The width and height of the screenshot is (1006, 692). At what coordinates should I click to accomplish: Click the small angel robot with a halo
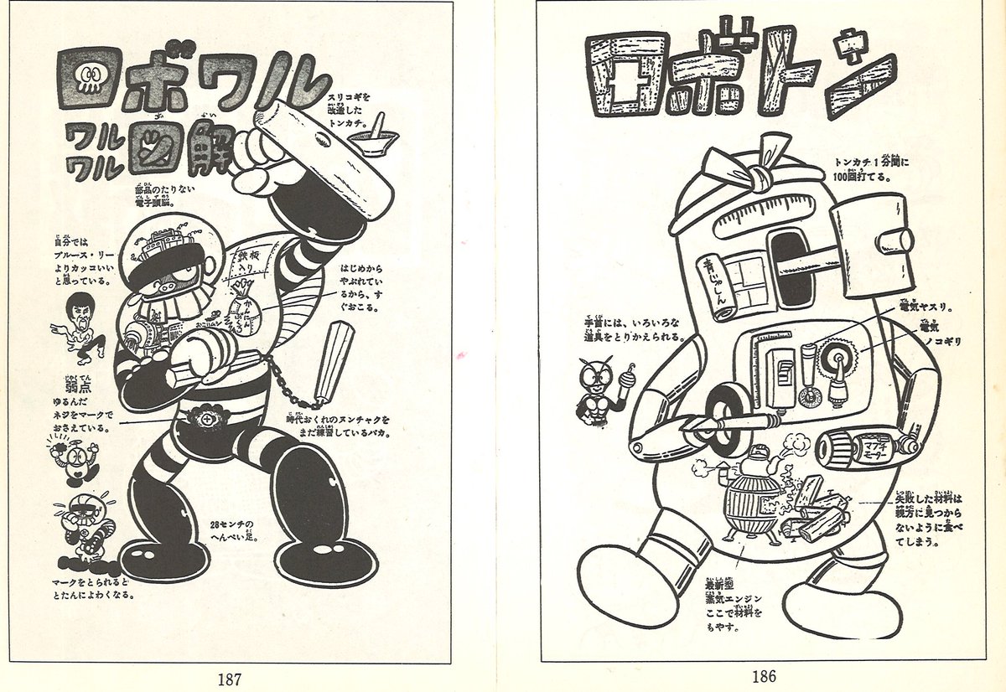pos(72,461)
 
